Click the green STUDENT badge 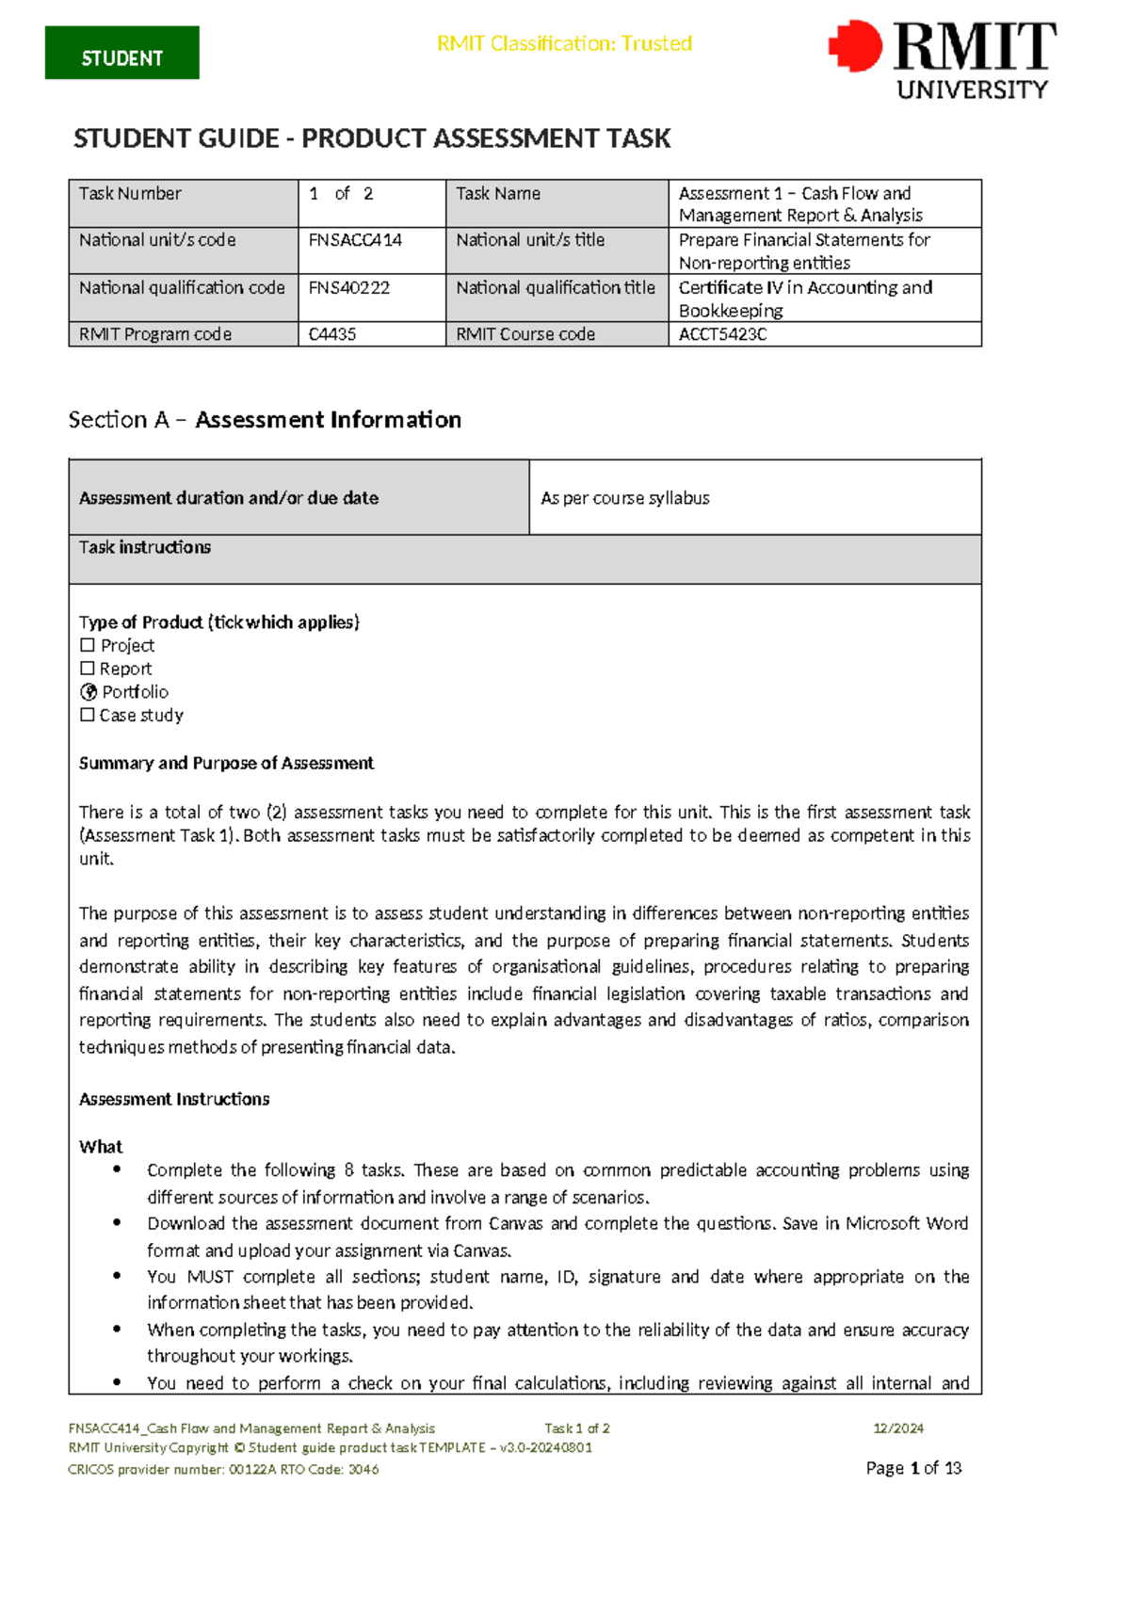121,54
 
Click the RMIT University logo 943,59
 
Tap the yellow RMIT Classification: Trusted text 564,43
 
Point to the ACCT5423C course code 722,334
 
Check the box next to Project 88,645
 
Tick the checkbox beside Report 88,669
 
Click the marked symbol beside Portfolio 89,692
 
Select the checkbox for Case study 88,715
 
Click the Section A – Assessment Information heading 265,420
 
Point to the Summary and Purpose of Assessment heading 226,763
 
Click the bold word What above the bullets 101,1147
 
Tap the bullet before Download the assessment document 117,1222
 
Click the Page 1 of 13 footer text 913,1468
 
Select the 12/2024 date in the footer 897,1428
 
